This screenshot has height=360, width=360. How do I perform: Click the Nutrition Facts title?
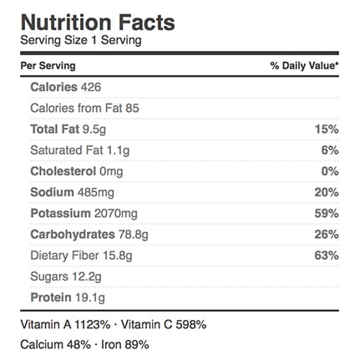98,23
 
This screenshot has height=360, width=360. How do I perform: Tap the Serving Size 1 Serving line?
81,40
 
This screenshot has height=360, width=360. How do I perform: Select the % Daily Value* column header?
305,66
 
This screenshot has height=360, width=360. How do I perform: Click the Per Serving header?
48,66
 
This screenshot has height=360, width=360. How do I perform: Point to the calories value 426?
91,87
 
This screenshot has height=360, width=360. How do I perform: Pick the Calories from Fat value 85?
132,109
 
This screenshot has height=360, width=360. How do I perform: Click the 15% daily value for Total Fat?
327,129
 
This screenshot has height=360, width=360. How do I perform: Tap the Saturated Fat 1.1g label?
80,150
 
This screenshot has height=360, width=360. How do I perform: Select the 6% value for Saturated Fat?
330,150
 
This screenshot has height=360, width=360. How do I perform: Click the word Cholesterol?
63,171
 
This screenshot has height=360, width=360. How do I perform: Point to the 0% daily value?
330,171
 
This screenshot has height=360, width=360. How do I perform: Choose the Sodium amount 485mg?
96,193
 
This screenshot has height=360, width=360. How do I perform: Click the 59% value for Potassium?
327,214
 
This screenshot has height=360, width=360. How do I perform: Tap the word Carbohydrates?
73,235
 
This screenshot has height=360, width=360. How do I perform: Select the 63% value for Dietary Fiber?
327,256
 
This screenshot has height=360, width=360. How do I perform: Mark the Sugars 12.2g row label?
66,277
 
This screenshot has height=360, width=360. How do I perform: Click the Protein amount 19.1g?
90,298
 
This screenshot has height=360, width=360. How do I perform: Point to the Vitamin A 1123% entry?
65,325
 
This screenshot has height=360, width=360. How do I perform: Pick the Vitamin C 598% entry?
164,325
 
